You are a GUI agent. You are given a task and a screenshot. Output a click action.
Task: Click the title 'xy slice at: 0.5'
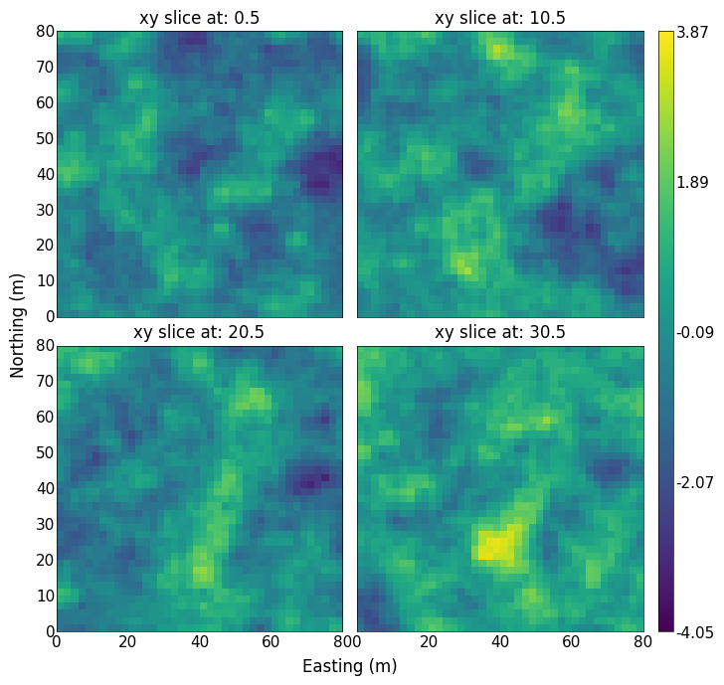click(x=200, y=18)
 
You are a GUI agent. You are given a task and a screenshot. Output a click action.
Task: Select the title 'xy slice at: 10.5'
click(x=500, y=18)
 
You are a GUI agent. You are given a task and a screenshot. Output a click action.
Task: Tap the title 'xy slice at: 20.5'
click(x=199, y=332)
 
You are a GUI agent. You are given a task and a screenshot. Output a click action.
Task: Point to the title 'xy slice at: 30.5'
click(x=500, y=332)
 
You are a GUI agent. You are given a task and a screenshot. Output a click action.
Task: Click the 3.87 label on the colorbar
click(x=692, y=32)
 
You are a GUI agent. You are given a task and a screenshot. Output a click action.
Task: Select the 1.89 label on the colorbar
click(x=692, y=182)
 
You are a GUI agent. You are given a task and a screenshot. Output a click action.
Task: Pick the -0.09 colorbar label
click(x=695, y=332)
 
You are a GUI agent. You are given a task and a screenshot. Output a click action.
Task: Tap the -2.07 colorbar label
click(x=695, y=483)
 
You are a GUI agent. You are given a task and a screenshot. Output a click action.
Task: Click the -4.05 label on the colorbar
click(x=695, y=632)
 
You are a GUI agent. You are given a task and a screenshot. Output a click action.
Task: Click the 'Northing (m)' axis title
click(x=17, y=326)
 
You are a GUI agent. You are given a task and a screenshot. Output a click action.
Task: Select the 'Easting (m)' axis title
click(x=350, y=666)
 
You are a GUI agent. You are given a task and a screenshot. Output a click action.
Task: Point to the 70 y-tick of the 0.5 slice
click(x=46, y=68)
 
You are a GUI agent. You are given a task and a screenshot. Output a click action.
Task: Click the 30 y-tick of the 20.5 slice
click(x=46, y=524)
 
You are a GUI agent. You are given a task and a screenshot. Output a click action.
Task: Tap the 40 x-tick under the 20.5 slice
click(x=200, y=641)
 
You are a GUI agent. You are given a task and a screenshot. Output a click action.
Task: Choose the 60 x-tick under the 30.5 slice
click(x=571, y=641)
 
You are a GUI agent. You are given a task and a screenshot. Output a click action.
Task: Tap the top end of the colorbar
click(x=666, y=32)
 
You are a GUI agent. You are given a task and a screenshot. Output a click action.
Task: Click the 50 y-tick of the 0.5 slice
click(x=46, y=139)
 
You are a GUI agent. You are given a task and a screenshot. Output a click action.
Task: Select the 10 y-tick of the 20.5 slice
click(x=46, y=596)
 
